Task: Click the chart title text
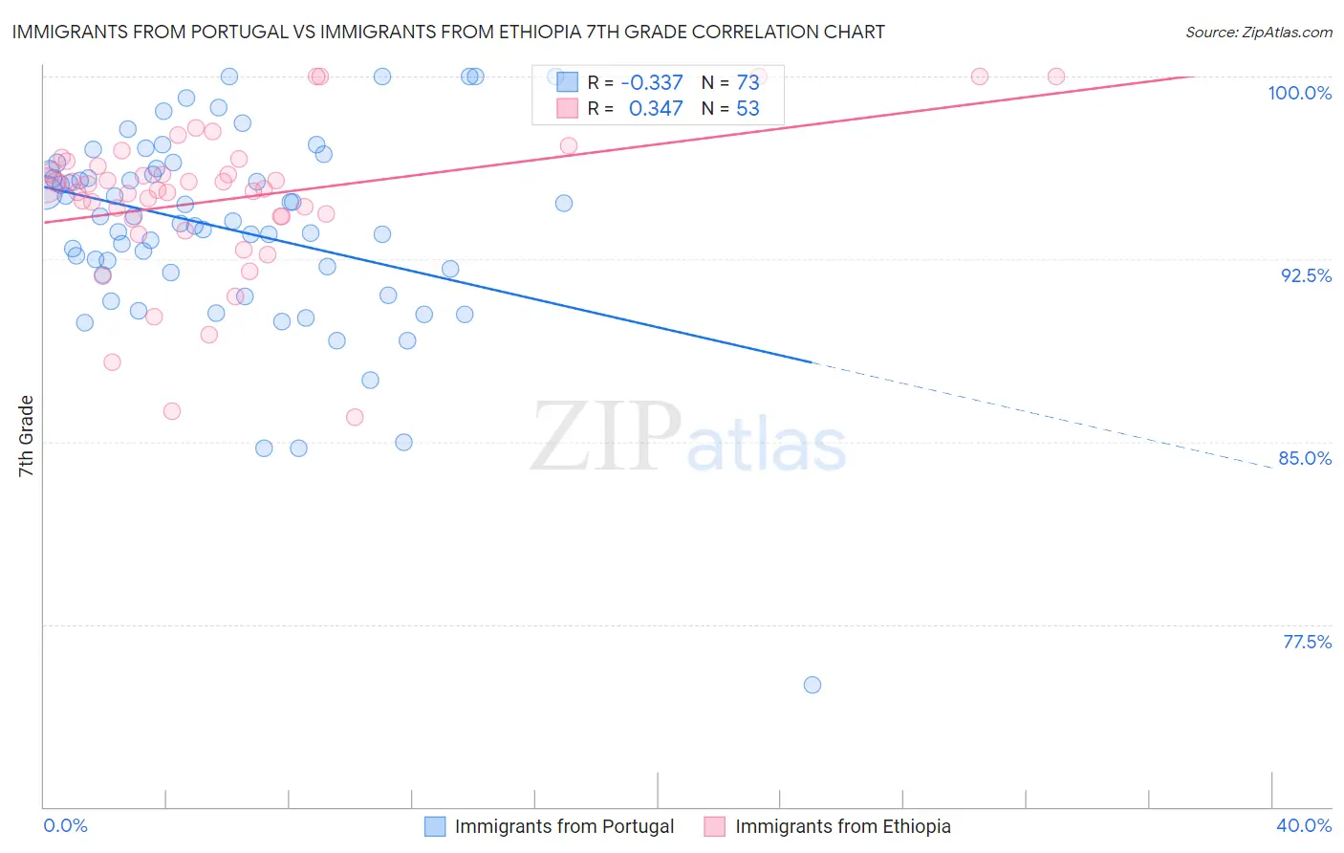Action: (448, 32)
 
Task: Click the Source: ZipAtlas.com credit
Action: (1258, 32)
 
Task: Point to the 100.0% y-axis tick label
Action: (1299, 93)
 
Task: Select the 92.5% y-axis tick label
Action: (1306, 275)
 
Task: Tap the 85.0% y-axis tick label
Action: (1305, 458)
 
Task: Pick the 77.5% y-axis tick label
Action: (1307, 642)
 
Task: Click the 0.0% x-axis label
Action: (66, 825)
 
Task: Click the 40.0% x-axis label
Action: (1304, 825)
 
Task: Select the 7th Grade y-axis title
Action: (26, 436)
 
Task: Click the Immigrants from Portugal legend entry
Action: (564, 826)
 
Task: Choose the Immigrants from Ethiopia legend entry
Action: (842, 826)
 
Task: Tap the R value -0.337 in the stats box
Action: (652, 82)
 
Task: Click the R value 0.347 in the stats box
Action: (656, 108)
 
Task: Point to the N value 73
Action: (748, 82)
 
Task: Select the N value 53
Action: (748, 108)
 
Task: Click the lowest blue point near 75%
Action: (813, 685)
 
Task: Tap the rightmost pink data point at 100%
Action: (1056, 77)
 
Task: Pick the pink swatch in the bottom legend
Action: (714, 826)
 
